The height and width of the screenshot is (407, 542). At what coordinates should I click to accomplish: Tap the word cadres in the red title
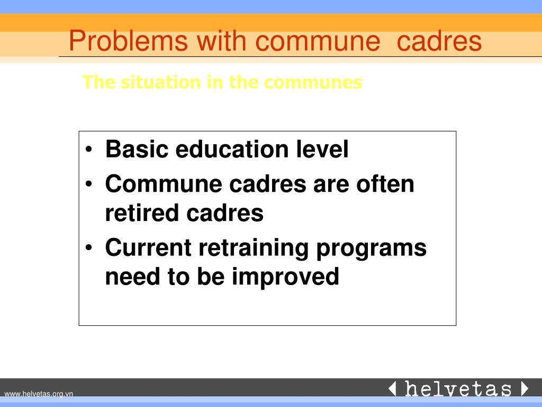point(439,41)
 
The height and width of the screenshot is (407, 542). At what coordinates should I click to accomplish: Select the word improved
point(285,277)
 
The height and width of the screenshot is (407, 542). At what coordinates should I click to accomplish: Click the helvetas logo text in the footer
point(458,389)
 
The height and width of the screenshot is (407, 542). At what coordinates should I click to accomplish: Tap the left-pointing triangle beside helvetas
point(392,389)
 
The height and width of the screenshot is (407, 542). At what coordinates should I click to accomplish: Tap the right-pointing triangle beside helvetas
point(525,389)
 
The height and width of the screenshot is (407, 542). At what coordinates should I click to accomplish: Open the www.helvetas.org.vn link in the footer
point(39,393)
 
